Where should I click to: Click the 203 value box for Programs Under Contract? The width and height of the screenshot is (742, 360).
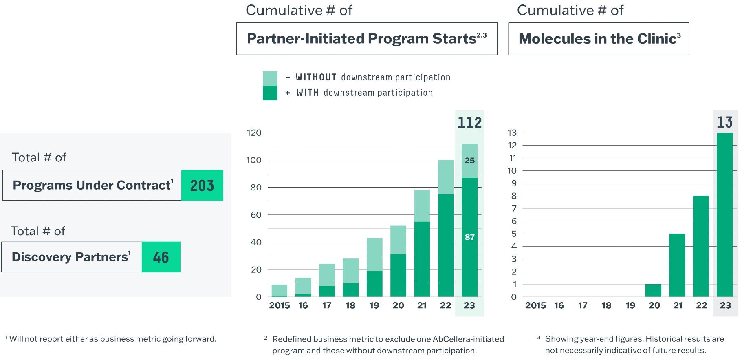[202, 186]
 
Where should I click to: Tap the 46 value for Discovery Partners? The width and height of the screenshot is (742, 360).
[161, 257]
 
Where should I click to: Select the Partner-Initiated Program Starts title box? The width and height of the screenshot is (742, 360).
[367, 39]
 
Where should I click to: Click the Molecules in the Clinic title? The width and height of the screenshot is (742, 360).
[599, 39]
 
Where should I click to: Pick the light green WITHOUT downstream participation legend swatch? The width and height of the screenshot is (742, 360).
[270, 78]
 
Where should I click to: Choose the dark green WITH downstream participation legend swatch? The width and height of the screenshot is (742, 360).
[270, 93]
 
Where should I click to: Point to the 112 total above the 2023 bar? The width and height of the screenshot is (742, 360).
[469, 123]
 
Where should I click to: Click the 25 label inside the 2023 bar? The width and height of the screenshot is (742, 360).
[470, 161]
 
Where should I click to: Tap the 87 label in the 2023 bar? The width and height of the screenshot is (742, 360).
[470, 237]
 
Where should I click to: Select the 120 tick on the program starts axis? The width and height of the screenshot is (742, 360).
[254, 133]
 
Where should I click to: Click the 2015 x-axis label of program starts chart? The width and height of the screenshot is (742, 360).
[280, 305]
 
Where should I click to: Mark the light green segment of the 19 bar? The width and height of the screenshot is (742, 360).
[374, 254]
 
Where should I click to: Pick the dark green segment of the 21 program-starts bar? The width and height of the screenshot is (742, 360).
[422, 259]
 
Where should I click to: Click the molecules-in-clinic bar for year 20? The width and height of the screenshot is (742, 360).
[653, 290]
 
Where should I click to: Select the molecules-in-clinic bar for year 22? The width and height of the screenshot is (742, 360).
[701, 246]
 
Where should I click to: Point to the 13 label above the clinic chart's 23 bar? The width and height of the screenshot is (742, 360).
[724, 122]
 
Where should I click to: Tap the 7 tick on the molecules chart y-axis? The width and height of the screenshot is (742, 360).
[514, 209]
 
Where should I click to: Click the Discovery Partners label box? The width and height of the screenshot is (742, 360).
[72, 257]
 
